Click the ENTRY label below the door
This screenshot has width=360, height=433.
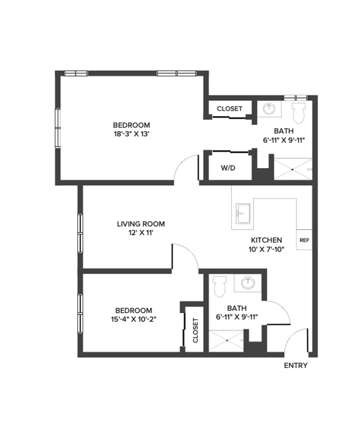coord(295,366)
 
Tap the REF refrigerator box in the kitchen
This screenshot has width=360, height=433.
coord(304,240)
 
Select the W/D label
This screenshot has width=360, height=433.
coord(228,168)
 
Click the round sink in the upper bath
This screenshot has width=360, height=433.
coord(269,109)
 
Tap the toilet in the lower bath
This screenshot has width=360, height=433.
coord(220,285)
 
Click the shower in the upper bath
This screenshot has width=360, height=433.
coord(292,170)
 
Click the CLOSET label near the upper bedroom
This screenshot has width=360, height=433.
coord(229,108)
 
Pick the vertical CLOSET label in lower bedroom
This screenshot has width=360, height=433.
coord(195,330)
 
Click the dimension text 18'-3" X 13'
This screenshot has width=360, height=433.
coord(131,134)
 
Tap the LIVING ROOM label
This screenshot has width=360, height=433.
coord(141,224)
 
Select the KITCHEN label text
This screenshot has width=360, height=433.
coord(266,240)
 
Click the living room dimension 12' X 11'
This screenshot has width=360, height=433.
coord(141,233)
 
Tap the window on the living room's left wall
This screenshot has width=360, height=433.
coord(81,233)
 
